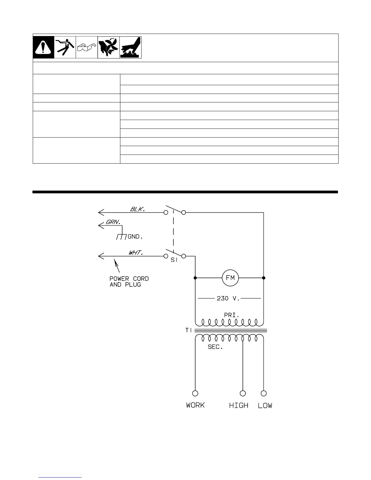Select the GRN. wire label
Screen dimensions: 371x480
(x=113, y=222)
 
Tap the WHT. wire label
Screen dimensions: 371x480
(x=135, y=252)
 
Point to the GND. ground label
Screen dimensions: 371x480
(x=135, y=237)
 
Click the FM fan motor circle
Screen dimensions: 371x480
(x=230, y=278)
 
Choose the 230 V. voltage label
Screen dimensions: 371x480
(x=228, y=298)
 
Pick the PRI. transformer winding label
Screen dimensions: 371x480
(x=232, y=315)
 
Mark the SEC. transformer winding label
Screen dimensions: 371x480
(x=215, y=347)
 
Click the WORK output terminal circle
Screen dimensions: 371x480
(x=195, y=393)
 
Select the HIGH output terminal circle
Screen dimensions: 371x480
(x=243, y=393)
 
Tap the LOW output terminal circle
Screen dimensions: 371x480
(x=264, y=393)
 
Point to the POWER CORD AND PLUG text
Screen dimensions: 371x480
(x=129, y=282)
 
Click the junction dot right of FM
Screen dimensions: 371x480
(x=264, y=278)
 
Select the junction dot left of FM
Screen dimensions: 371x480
(x=195, y=278)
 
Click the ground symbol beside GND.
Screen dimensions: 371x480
(x=121, y=236)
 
